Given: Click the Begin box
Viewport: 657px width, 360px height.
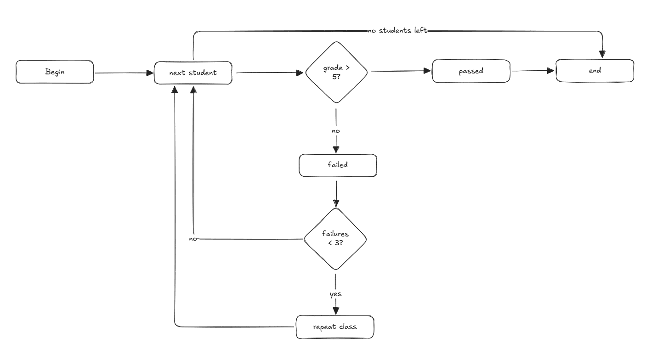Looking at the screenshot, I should [x=55, y=72].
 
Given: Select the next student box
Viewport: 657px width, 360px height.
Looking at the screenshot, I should [x=193, y=73].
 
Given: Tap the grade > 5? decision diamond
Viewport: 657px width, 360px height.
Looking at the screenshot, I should [x=336, y=72].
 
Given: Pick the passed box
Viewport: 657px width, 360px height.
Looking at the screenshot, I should [x=471, y=71].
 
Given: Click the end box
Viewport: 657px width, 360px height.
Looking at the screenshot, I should [x=595, y=71].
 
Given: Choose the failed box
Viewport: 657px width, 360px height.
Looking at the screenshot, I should [x=338, y=165].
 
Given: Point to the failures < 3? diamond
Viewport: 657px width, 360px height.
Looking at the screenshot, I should [x=335, y=239].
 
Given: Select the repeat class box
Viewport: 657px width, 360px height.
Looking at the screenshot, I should [x=334, y=327].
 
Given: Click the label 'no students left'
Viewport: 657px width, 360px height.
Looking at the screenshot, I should [x=397, y=31].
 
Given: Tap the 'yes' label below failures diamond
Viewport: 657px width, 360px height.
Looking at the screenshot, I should [x=336, y=294].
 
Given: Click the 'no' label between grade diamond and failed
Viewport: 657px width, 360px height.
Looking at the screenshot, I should [x=336, y=131].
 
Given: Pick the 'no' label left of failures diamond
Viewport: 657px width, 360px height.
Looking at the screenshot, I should [x=193, y=239].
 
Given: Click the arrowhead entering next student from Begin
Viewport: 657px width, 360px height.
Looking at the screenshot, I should [x=150, y=73].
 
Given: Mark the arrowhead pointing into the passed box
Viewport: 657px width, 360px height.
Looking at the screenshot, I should [x=427, y=71].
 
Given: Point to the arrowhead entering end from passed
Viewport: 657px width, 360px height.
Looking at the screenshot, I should [x=551, y=71].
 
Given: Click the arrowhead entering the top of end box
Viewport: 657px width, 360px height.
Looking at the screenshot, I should [x=602, y=54].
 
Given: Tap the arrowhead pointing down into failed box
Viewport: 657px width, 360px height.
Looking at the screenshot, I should [x=336, y=149].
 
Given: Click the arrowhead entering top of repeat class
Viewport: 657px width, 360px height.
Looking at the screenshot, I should [x=336, y=310].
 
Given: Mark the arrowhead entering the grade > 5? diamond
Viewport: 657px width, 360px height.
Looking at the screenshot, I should [x=301, y=73].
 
